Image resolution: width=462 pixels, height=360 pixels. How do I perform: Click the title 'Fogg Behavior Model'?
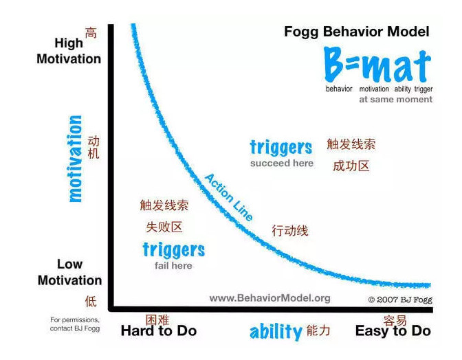coord(357,32)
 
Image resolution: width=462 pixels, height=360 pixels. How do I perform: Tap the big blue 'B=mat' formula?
coord(377,65)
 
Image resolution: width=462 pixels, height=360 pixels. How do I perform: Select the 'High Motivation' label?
coord(69,51)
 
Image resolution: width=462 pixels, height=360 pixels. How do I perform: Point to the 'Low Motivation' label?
coord(69,272)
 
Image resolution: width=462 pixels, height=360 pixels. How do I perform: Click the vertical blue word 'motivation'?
coord(75,159)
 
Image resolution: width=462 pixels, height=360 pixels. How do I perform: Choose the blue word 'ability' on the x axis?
coord(276,332)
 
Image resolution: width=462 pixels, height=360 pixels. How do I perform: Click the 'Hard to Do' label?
coord(159,331)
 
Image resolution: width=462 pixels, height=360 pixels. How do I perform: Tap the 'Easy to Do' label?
coord(393,331)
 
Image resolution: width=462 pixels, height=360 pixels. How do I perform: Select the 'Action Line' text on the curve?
coord(229,197)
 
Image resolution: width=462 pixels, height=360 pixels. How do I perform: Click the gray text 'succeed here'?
coord(282,163)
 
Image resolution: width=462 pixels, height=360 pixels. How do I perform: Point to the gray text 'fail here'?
coord(173,266)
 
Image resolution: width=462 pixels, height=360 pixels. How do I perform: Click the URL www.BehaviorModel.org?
coord(269,298)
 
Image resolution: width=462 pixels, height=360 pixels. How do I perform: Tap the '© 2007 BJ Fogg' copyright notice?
coord(400,300)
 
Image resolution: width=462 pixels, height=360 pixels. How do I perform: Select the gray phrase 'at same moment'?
coord(395,100)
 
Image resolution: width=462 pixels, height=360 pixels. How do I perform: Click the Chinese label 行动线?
coord(290,230)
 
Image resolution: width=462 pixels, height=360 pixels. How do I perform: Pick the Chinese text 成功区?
coord(351,166)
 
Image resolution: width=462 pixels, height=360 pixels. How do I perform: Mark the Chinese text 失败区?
coord(164,227)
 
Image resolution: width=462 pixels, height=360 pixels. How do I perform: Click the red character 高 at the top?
coord(91,33)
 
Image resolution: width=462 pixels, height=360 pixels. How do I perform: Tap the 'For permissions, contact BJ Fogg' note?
coord(75,324)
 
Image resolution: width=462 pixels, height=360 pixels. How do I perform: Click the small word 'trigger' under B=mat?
coord(423,89)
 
